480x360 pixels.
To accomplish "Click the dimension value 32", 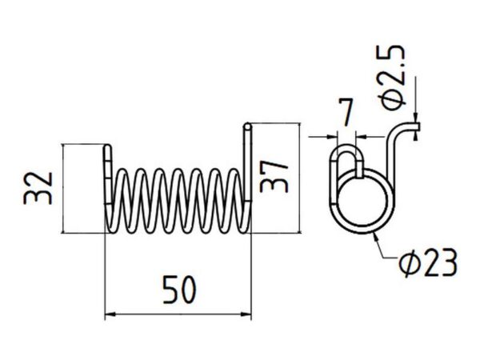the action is [38, 188].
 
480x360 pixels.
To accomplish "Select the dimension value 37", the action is [274, 177].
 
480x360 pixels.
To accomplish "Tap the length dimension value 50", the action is [179, 290].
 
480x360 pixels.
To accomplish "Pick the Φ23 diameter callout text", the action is [428, 262].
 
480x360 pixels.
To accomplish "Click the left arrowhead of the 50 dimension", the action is [110, 314].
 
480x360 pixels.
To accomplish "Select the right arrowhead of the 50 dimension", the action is [246, 314].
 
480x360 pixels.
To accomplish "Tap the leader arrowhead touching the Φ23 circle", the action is [375, 237].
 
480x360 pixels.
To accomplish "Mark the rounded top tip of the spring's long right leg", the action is [247, 126].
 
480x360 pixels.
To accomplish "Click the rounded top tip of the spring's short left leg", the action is [107, 147].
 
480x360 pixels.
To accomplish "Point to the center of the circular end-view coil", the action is [362, 201].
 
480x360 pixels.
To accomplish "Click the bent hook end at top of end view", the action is [410, 126].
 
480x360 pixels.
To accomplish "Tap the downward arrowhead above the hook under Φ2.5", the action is [415, 118].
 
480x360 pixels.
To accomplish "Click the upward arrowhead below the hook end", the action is [415, 135].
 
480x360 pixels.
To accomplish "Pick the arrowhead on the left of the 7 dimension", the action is [332, 137].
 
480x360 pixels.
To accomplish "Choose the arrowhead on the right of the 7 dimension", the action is [362, 137].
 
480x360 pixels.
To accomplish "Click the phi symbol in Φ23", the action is [408, 263].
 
